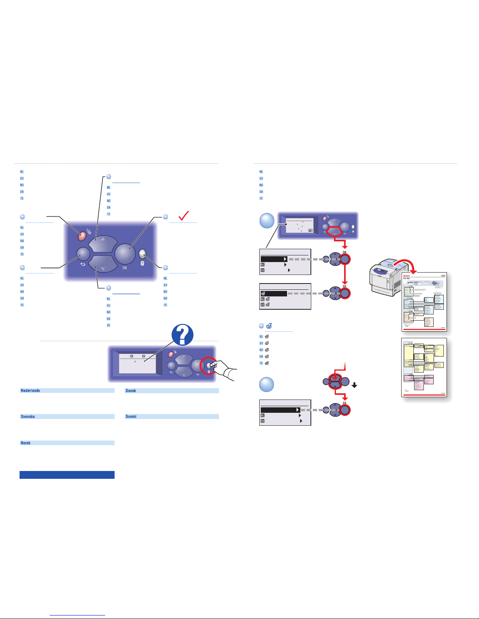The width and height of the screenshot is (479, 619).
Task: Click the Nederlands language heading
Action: (30, 391)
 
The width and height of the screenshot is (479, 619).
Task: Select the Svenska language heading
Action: (28, 417)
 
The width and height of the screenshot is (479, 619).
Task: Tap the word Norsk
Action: (26, 443)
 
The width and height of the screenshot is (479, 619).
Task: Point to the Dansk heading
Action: (131, 391)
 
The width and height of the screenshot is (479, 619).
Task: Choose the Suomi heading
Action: (131, 417)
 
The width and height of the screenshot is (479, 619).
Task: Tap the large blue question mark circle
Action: (183, 335)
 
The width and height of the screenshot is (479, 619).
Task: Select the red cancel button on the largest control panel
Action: (82, 236)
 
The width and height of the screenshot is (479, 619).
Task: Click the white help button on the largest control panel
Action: (142, 254)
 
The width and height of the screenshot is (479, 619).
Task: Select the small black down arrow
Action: (354, 385)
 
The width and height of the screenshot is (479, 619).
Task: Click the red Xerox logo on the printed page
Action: (407, 276)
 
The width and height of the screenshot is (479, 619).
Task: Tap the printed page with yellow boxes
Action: (424, 367)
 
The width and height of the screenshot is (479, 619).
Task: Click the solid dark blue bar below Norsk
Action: (67, 475)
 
